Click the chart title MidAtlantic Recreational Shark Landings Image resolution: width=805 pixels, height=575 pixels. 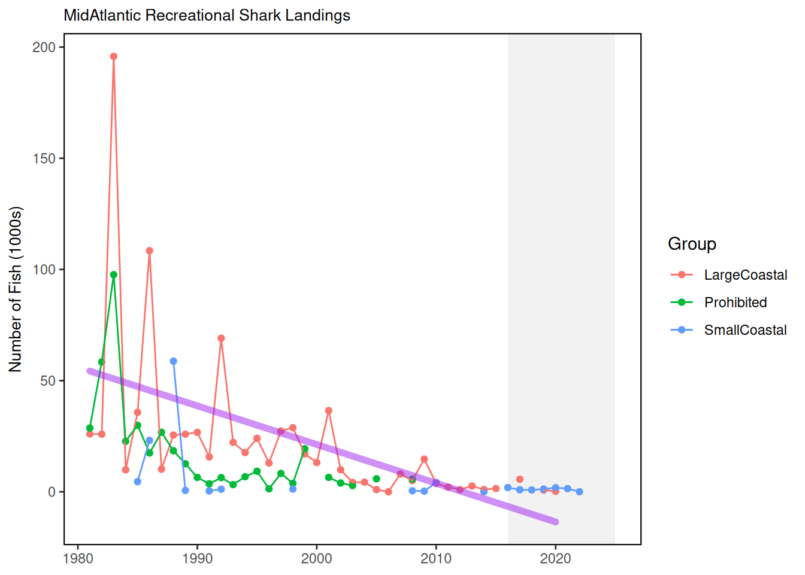tap(207, 16)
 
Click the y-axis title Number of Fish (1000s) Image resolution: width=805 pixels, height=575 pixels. tap(16, 289)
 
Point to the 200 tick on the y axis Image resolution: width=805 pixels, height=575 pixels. tap(44, 47)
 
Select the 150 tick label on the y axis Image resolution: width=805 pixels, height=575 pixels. tap(44, 159)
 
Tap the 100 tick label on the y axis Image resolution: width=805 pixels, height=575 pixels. tap(44, 270)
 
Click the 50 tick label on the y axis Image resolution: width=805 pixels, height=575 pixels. tap(48, 381)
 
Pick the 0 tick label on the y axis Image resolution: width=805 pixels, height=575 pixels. tap(52, 492)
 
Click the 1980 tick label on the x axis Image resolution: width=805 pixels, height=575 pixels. tap(78, 559)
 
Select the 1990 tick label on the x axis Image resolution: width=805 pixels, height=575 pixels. tap(197, 559)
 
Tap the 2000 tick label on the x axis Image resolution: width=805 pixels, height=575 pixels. tap(317, 559)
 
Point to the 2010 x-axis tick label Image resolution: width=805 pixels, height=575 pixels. tap(436, 559)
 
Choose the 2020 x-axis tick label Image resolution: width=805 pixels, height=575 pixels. tap(556, 559)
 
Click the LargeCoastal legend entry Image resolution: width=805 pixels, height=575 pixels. tap(745, 275)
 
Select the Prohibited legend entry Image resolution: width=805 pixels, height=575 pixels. tap(735, 302)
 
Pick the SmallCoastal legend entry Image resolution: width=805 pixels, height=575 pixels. tap(745, 330)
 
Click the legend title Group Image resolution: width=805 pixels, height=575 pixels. tap(692, 244)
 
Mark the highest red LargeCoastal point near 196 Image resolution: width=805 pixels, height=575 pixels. tap(114, 57)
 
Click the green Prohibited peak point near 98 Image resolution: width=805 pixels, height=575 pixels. tap(114, 275)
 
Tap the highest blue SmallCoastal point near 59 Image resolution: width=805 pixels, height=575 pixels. tap(174, 361)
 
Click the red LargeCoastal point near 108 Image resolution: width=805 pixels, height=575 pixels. tap(150, 251)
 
